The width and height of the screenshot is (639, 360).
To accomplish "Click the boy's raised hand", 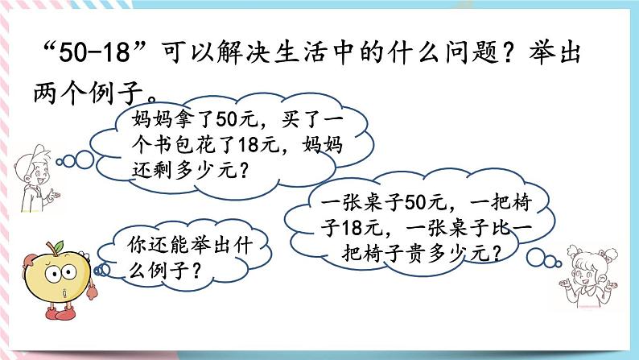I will point(53,193).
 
